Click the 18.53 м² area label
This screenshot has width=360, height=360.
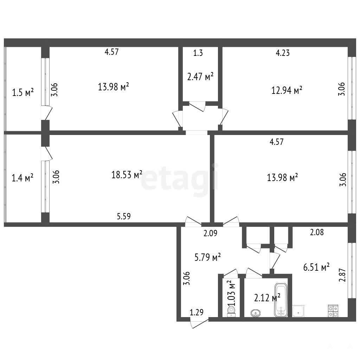click(127, 175)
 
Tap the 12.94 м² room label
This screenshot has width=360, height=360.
click(287, 90)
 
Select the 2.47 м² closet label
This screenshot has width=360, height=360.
click(200, 76)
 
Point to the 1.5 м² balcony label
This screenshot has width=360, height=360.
click(23, 93)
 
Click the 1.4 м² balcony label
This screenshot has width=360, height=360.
click(22, 178)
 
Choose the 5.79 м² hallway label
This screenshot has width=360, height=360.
click(207, 257)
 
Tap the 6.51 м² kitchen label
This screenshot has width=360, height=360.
click(316, 267)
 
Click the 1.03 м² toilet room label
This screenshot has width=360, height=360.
click(231, 293)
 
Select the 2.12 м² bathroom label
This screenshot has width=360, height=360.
click(267, 298)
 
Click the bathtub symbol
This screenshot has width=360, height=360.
click(281, 300)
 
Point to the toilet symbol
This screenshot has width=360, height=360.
click(231, 312)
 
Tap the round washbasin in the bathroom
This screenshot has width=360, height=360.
click(256, 313)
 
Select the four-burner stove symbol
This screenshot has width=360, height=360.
click(333, 311)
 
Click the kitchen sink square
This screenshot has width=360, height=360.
click(298, 311)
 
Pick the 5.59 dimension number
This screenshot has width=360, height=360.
click(124, 216)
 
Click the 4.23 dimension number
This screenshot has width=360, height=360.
click(283, 53)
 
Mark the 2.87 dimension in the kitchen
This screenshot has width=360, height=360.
click(342, 275)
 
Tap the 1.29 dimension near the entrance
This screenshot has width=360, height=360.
click(197, 312)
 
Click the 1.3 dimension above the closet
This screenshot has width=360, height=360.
click(198, 53)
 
